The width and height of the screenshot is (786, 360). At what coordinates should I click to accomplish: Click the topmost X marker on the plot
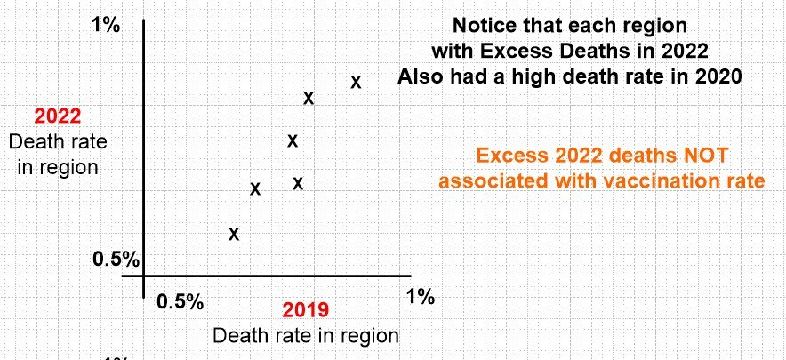click(x=356, y=82)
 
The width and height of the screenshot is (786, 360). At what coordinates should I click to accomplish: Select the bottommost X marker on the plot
click(x=234, y=234)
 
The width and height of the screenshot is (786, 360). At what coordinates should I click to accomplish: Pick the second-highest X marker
click(x=309, y=98)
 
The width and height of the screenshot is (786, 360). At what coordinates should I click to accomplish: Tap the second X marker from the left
click(x=255, y=188)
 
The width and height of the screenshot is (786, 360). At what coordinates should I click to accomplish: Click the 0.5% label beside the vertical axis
click(x=116, y=260)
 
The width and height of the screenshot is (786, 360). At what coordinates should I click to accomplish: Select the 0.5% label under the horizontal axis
click(x=180, y=300)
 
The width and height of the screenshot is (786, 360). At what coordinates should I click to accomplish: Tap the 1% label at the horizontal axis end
click(x=420, y=296)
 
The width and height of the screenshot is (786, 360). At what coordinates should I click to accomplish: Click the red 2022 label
click(x=58, y=116)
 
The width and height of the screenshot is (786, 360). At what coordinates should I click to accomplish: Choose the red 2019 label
click(x=305, y=310)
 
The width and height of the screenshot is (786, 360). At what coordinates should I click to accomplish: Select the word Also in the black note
click(x=421, y=76)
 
